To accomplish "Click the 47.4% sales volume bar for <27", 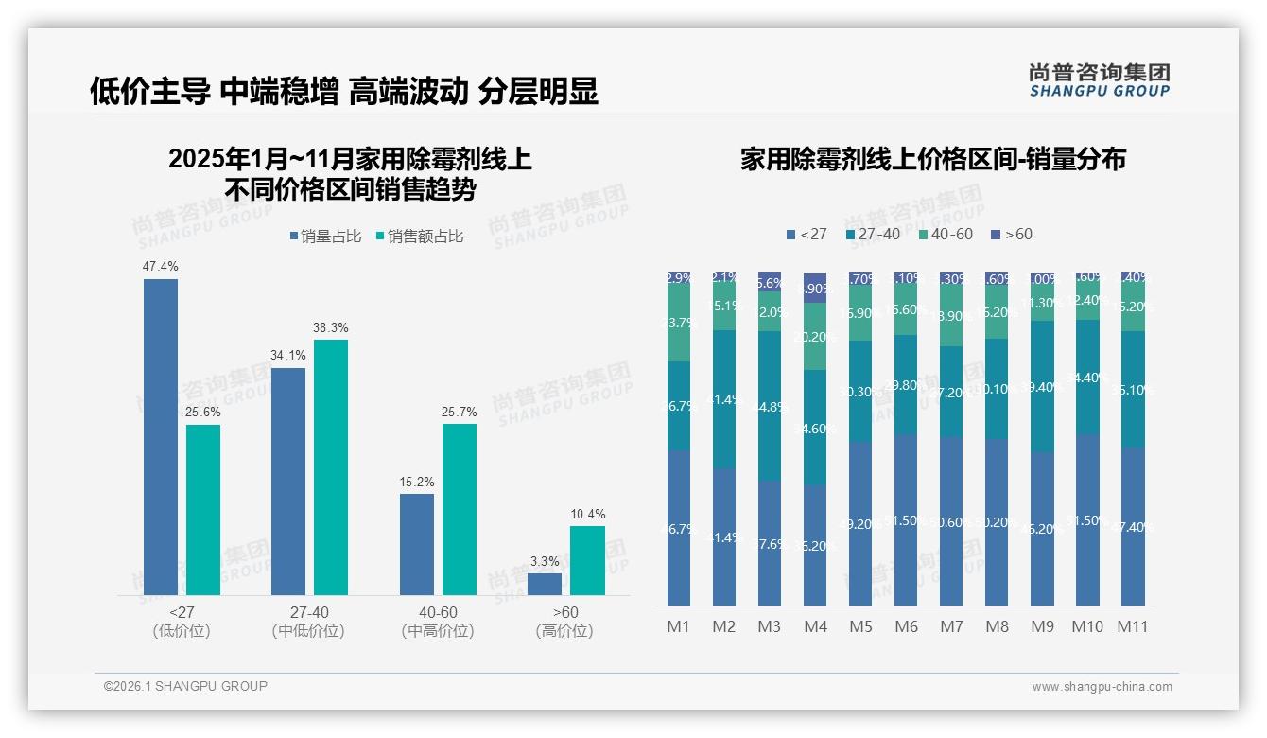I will point(161,436).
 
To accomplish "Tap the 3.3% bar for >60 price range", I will point(545,584).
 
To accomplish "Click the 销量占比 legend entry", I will point(325,237).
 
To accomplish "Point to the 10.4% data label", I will point(587,514).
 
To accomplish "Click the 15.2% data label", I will point(417,482).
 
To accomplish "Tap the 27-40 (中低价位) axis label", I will point(307,622).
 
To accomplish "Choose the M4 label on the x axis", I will point(815,626).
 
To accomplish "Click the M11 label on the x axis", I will point(1133,626).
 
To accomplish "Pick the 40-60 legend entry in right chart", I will point(946,234).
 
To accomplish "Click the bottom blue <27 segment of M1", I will point(679,528).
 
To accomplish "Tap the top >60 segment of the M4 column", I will point(815,288).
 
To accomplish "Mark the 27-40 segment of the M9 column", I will point(1042,386).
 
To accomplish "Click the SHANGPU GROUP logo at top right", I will point(1099,79).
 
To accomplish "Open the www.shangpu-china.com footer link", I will point(1102,687).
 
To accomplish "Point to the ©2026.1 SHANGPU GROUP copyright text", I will point(185,686).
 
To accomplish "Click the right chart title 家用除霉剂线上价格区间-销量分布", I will point(932,160).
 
